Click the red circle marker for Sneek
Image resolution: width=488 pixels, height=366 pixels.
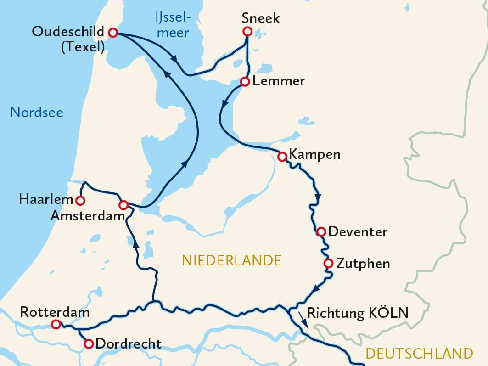[247, 31]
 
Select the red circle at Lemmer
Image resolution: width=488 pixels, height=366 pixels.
[245, 82]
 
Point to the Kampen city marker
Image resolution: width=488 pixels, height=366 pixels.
[282, 157]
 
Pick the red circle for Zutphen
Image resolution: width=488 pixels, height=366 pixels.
[328, 264]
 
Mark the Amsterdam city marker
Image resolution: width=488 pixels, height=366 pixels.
[123, 205]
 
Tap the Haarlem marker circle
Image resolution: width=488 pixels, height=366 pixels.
[80, 201]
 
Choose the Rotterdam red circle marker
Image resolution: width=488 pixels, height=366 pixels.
[56, 325]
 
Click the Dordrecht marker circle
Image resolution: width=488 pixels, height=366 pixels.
[89, 343]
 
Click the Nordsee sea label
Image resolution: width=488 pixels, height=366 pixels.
[37, 112]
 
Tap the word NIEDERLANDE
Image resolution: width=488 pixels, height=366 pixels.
[231, 260]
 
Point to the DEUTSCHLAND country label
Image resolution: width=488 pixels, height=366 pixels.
[419, 353]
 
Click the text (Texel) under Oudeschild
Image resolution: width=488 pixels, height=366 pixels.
[83, 46]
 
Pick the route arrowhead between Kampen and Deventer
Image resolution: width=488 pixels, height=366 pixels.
[318, 197]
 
